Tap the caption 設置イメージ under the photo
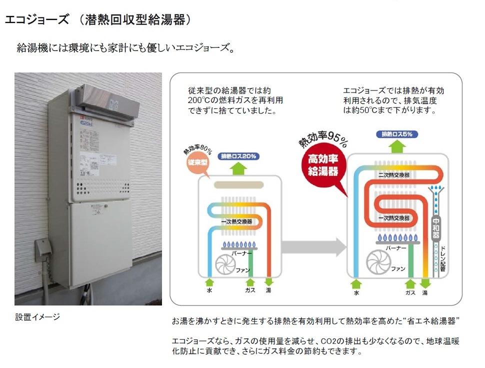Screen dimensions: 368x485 tap(37, 316)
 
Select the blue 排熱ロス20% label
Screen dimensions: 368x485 tap(239, 156)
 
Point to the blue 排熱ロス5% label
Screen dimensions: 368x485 tap(397, 134)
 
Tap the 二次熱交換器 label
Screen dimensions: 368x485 tap(393, 175)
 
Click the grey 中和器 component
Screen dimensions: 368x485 tap(435, 227)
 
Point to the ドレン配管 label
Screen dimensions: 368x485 tap(443, 257)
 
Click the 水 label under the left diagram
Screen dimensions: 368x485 tap(209, 289)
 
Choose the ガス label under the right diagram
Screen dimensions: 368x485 tap(410, 292)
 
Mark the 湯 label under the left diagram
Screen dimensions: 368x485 tap(268, 289)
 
